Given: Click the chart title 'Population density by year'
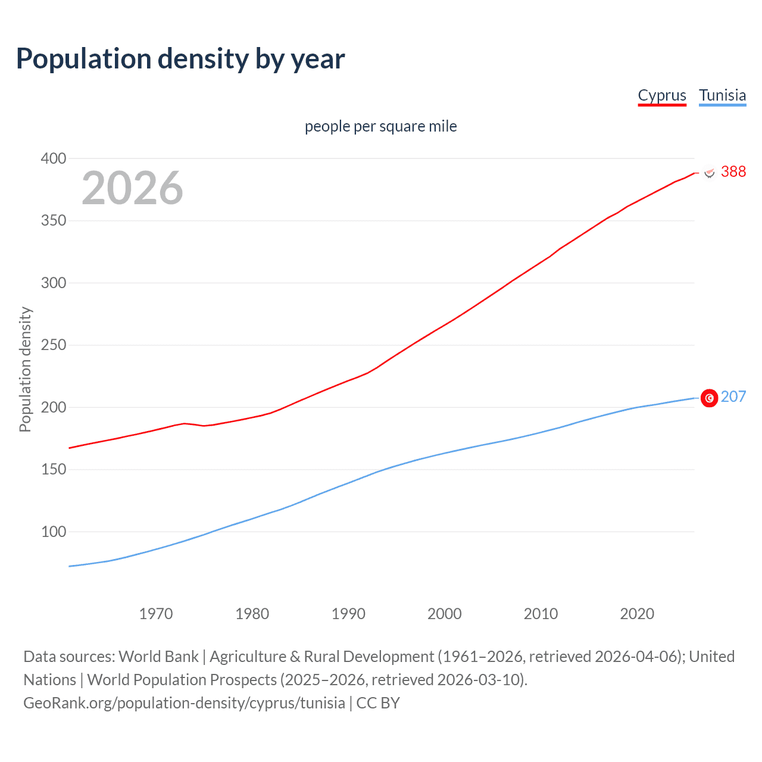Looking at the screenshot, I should [180, 58].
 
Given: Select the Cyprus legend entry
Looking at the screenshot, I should [662, 95].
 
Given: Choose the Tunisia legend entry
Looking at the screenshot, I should [722, 95].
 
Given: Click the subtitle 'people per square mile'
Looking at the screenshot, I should [380, 126].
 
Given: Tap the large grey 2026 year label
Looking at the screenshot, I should [132, 188].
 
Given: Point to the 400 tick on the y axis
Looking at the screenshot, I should [53, 158].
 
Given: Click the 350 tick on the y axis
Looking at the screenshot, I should [53, 221].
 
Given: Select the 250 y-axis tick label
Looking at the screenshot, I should [53, 345].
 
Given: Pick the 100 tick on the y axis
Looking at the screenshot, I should [53, 532].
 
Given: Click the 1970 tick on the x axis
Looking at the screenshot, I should [156, 614].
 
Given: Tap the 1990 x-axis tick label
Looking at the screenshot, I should [348, 614].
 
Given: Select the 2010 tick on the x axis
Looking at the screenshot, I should [541, 614].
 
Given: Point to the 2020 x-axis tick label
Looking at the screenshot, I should [637, 614].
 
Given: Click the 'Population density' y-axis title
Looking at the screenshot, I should [25, 369].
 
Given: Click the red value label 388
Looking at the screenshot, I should [733, 171].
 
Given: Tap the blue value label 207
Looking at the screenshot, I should [733, 396].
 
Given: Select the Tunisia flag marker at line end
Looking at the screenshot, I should [709, 398].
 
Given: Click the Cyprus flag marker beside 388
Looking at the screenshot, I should [709, 172].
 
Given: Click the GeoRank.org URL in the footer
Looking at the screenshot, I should [184, 702].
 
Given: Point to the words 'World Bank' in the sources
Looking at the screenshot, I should [158, 656].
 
